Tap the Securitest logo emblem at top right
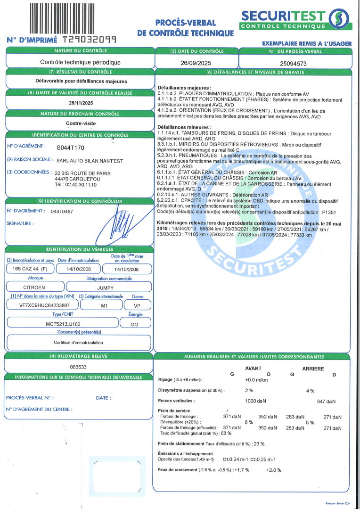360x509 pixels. pyautogui.click(x=340, y=19)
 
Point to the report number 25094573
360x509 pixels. pyautogui.click(x=293, y=62)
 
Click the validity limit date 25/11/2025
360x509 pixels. pyautogui.click(x=81, y=103)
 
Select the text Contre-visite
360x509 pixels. pyautogui.click(x=81, y=123)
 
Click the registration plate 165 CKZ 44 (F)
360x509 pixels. pyautogui.click(x=28, y=269)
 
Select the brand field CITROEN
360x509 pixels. pyautogui.click(x=34, y=287)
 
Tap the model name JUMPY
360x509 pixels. pyautogui.click(x=108, y=287)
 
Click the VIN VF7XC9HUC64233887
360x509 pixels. pyautogui.click(x=42, y=305)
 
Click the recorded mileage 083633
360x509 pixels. pyautogui.click(x=78, y=366)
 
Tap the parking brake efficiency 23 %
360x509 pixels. pyautogui.click(x=259, y=443)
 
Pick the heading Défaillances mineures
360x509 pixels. pyautogui.click(x=184, y=127)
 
